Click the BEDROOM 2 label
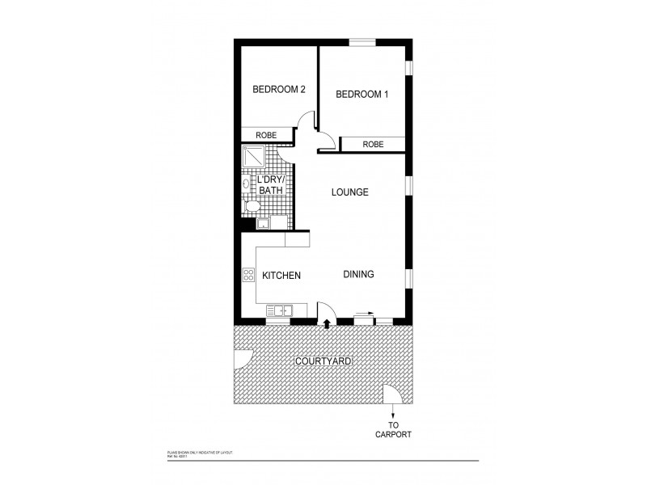(278, 90)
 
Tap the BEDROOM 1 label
(362, 95)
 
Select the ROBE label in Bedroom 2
(267, 136)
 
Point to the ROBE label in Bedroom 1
(373, 145)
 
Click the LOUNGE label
(349, 192)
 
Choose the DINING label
(357, 275)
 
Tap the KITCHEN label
(281, 276)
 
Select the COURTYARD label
(323, 361)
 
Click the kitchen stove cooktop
(247, 275)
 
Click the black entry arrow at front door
(327, 324)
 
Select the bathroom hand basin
(245, 184)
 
